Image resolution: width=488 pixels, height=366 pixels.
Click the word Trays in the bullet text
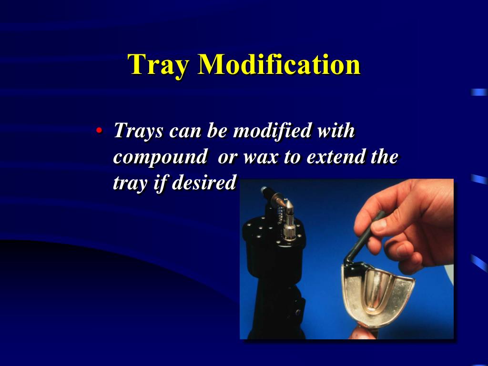[138, 131]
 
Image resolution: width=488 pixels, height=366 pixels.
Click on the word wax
[260, 157]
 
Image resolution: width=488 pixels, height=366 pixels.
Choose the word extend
[335, 157]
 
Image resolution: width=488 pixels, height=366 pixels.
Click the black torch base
[276, 286]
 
